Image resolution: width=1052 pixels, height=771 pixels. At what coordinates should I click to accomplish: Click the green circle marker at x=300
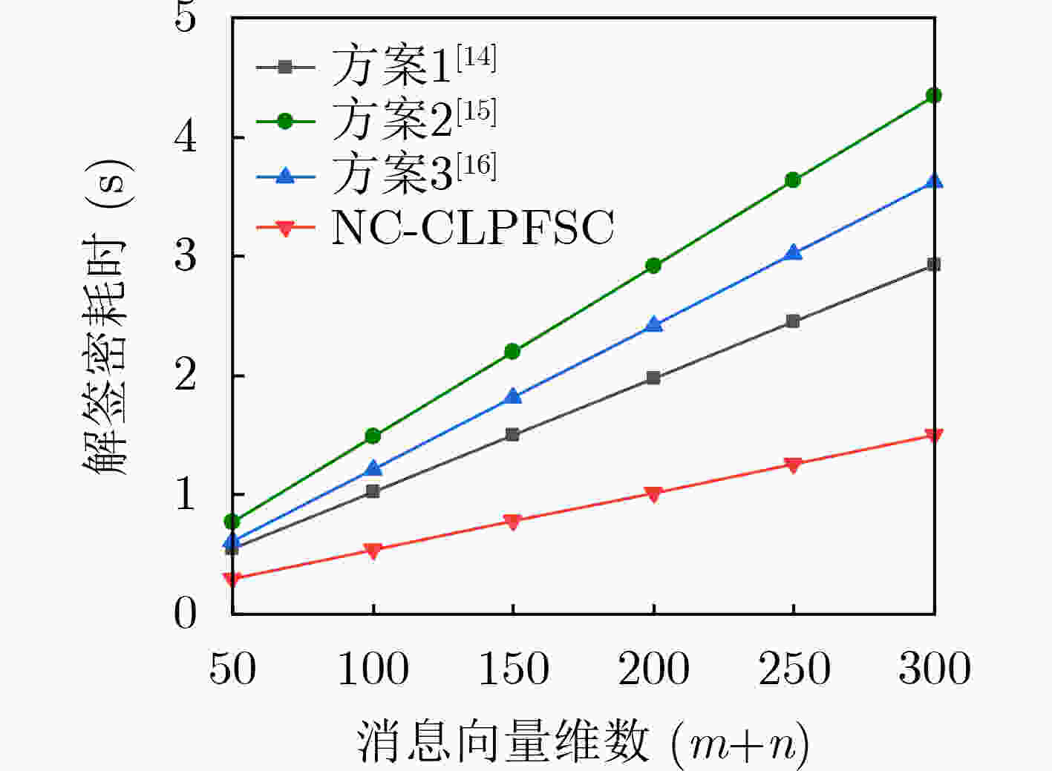[x=934, y=96]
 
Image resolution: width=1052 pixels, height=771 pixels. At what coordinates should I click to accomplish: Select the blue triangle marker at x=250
[x=793, y=253]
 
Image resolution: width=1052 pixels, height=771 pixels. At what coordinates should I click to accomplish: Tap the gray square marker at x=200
[x=653, y=378]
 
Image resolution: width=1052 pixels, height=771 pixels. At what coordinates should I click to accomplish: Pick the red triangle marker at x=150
[x=512, y=522]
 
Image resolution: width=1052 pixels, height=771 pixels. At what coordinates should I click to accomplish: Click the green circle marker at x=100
[x=373, y=436]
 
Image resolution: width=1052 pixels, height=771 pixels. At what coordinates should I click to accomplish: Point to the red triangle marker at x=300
[x=934, y=436]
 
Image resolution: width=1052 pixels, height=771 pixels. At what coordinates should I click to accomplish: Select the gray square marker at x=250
[x=793, y=321]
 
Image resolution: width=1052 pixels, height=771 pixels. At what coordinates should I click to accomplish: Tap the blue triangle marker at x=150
[x=512, y=396]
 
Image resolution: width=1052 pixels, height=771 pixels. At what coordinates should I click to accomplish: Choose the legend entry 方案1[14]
[x=413, y=65]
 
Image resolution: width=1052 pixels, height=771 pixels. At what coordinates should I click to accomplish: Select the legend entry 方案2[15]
[x=413, y=119]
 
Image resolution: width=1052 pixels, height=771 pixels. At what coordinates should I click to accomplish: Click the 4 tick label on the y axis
[x=186, y=137]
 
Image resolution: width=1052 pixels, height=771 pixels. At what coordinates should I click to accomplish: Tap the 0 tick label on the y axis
[x=186, y=614]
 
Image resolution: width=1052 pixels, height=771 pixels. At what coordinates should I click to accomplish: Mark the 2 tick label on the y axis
[x=186, y=375]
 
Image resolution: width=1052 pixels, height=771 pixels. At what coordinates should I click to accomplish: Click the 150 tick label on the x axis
[x=513, y=669]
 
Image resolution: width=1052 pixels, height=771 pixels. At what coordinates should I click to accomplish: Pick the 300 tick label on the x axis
[x=934, y=669]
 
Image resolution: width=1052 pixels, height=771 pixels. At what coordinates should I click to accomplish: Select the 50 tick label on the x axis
[x=232, y=669]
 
